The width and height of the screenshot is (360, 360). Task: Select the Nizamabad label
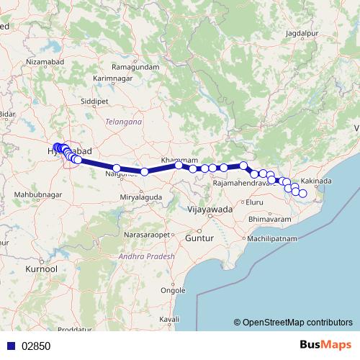[45, 63]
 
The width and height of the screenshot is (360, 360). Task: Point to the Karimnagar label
[115, 77]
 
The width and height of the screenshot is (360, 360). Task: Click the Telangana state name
[123, 122]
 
